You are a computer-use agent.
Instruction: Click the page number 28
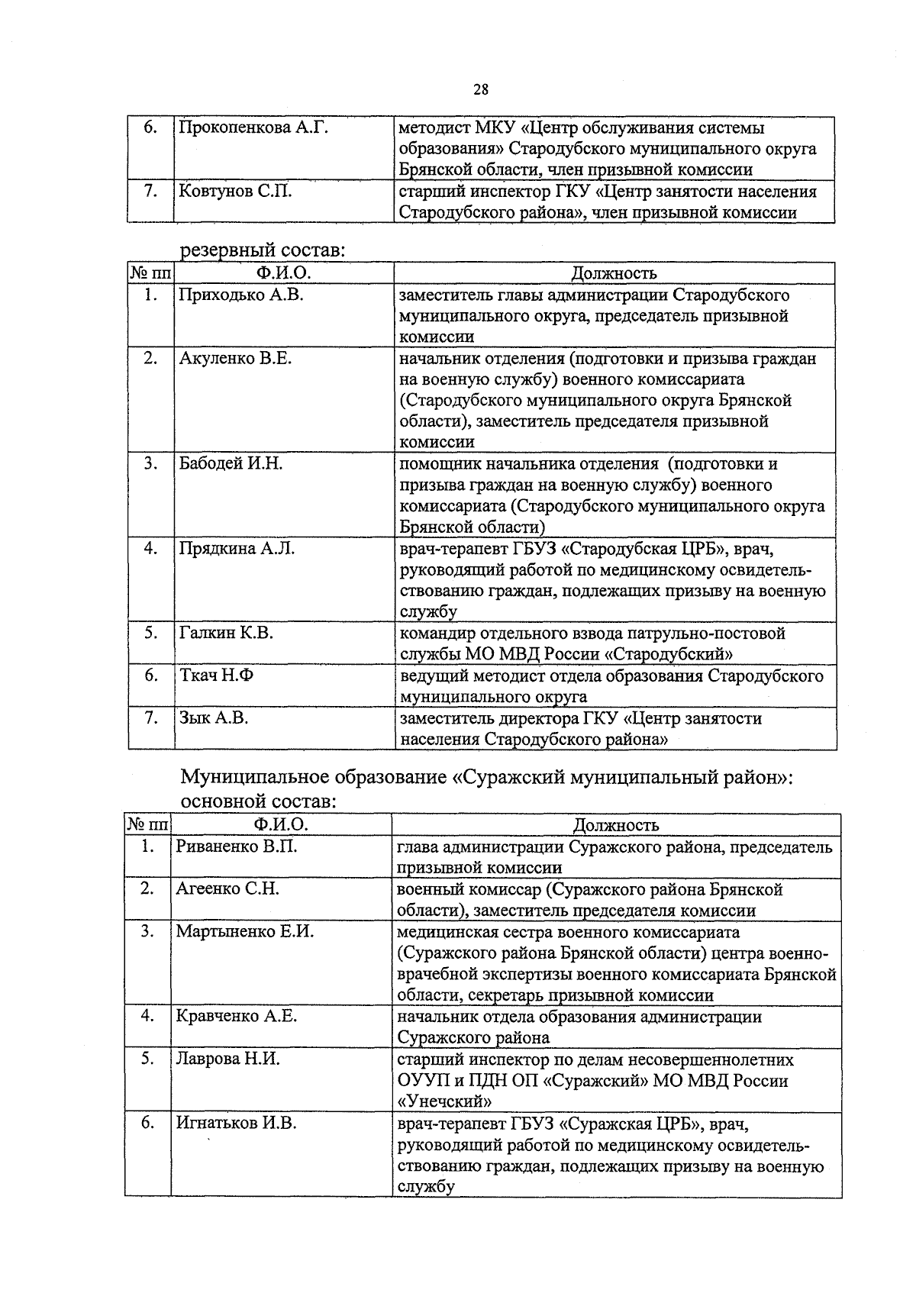481,89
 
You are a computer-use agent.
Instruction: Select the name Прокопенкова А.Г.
253,127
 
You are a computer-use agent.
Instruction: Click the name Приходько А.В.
240,295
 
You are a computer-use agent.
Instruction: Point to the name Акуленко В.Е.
235,358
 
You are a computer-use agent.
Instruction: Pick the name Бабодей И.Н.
231,463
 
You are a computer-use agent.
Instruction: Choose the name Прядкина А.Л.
237,548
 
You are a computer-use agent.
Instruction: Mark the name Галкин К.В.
226,633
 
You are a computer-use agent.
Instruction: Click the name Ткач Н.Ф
216,676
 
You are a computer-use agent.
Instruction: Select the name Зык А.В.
214,718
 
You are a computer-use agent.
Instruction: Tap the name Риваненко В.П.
236,846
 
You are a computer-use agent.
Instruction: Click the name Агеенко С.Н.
227,889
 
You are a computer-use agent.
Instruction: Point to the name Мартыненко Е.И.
244,931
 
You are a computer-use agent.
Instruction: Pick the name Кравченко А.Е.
236,1016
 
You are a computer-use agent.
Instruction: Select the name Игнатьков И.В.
237,1123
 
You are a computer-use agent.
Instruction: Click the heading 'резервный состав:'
262,250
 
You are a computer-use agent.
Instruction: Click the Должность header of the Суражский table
615,825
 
